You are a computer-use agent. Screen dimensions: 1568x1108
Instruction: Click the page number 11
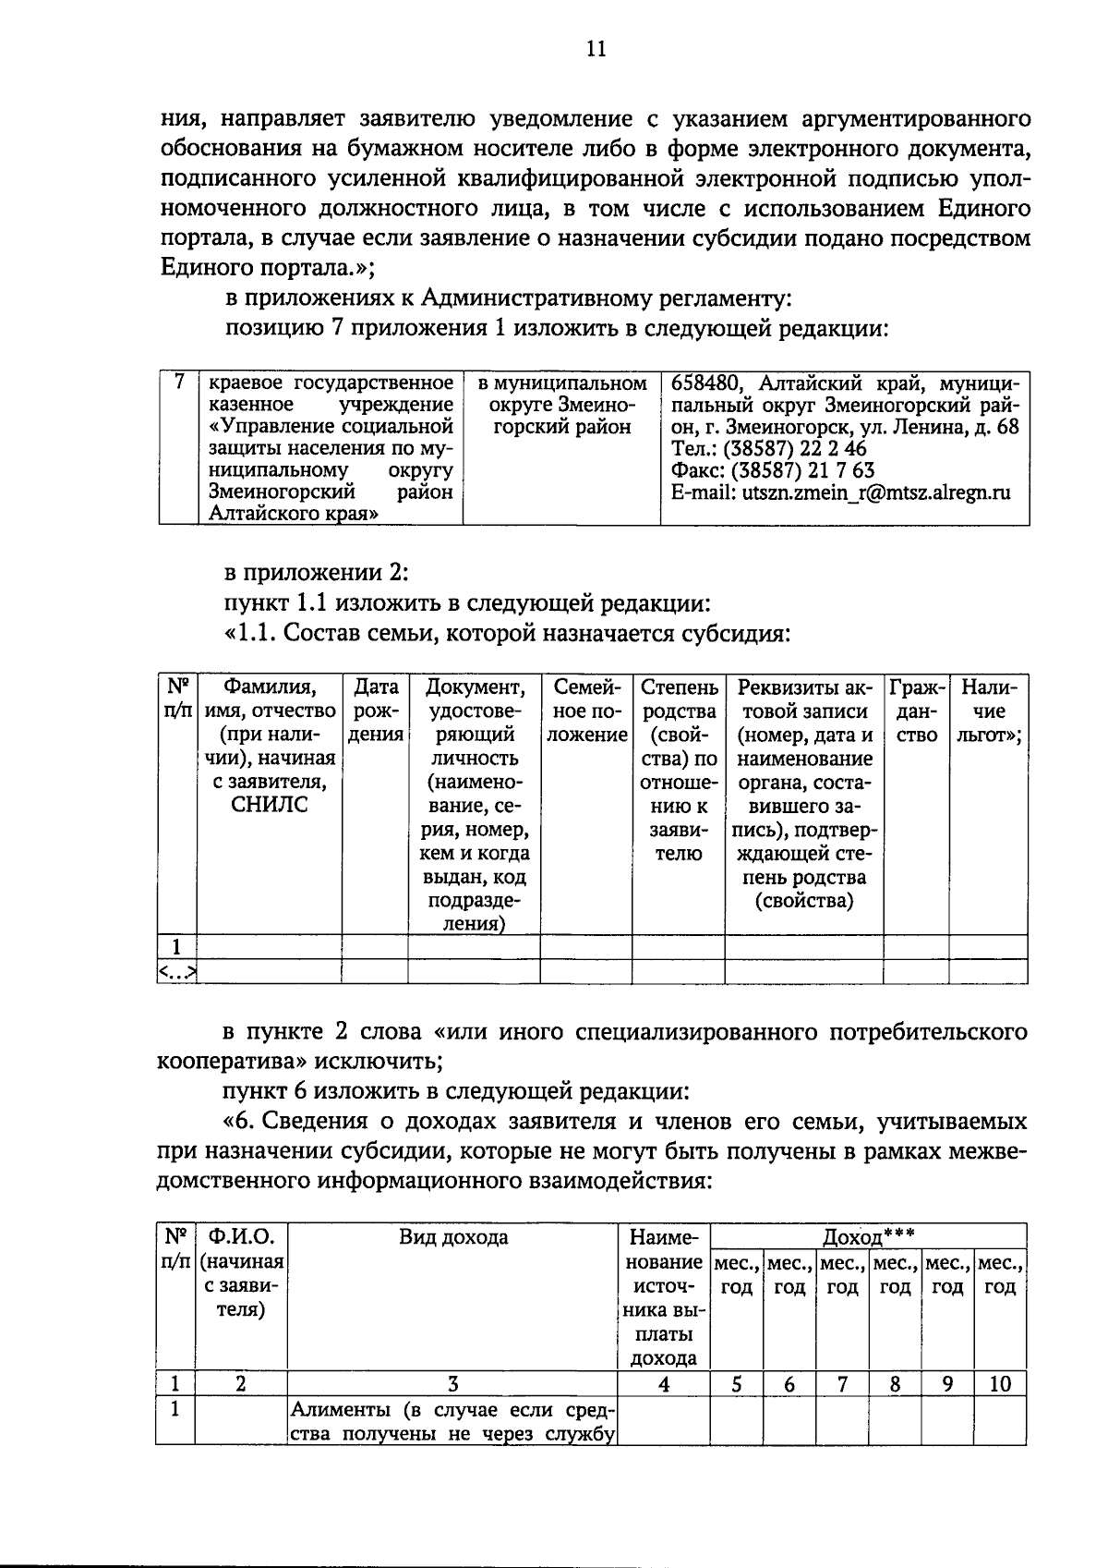click(596, 49)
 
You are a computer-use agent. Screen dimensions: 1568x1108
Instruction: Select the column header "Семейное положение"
click(585, 711)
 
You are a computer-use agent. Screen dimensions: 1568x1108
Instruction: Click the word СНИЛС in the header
click(269, 806)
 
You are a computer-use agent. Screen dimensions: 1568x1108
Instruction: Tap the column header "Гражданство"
click(916, 711)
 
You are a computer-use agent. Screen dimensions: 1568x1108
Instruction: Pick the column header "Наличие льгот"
click(989, 711)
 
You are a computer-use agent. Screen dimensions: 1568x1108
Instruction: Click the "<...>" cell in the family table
click(176, 971)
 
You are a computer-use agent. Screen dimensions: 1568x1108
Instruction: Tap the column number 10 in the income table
click(1000, 1383)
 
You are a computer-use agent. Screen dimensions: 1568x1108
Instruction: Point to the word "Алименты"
click(333, 1410)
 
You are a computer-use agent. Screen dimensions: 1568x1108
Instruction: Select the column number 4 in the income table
click(663, 1383)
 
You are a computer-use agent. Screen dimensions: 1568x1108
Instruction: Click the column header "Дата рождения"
click(376, 711)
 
